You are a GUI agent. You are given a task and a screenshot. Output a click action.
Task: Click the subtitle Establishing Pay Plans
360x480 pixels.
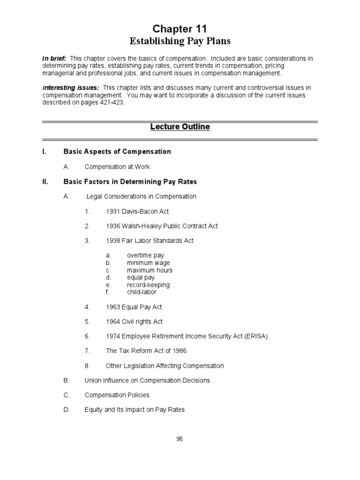point(180,41)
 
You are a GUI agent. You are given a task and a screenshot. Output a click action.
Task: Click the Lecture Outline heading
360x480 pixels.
point(180,127)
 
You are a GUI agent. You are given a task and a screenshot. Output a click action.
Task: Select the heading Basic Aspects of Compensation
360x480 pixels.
point(117,152)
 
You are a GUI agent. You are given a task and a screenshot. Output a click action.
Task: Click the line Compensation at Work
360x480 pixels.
point(117,167)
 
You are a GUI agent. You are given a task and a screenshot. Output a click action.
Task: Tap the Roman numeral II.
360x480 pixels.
point(45,181)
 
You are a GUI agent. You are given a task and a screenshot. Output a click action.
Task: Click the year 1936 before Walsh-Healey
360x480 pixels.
point(113,226)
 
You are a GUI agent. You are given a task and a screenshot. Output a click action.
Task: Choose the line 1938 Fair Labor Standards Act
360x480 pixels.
point(150,241)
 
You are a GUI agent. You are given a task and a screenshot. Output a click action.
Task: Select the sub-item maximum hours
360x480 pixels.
point(150,270)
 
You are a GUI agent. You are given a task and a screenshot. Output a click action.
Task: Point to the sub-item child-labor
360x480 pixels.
point(142,292)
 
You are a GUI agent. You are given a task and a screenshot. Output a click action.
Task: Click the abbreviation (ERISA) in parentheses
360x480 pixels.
point(253,337)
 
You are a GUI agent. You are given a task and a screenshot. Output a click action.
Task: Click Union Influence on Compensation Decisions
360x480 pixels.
point(147,381)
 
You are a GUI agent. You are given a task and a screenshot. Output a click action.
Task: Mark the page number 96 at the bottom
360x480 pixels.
point(180,439)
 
